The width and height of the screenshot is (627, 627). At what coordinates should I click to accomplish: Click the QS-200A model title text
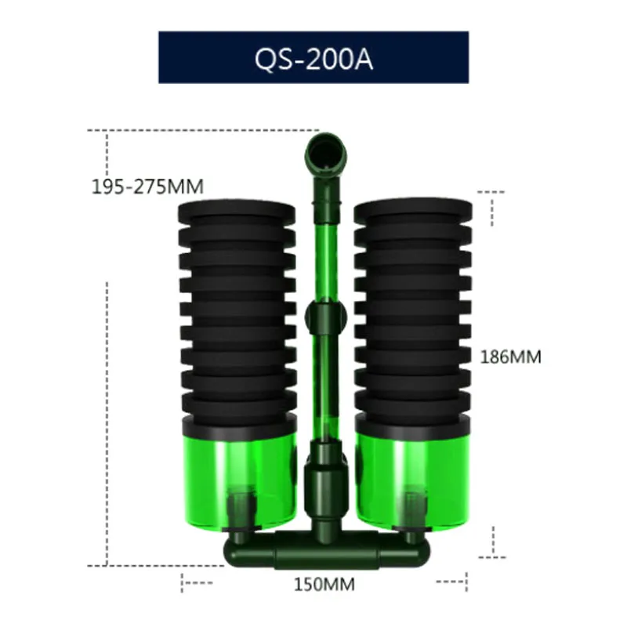313,59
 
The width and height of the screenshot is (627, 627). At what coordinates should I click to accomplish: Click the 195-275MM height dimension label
147,187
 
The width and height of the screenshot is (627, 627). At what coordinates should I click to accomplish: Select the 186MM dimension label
510,357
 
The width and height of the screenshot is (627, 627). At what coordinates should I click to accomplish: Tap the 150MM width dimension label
324,584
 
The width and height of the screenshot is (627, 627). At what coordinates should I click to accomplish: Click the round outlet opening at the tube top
325,150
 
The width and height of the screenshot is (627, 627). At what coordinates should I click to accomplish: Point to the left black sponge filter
237,313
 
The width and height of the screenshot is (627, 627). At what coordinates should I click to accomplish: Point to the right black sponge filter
413,313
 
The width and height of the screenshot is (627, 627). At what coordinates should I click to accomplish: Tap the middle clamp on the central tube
325,317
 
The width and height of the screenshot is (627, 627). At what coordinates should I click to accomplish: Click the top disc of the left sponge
237,208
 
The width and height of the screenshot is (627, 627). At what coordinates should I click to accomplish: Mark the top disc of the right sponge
413,208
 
